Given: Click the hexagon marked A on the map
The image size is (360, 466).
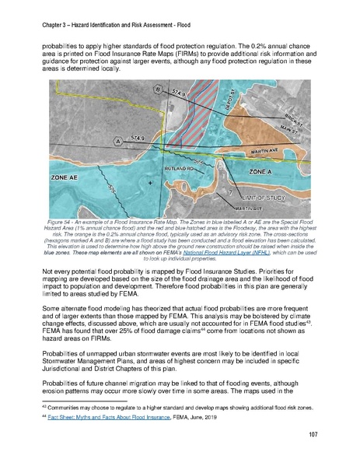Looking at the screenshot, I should pyautogui.click(x=118, y=142).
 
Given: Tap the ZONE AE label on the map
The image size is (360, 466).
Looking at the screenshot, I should pyautogui.click(x=67, y=177).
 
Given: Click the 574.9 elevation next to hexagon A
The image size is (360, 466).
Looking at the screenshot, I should pyautogui.click(x=140, y=138).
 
